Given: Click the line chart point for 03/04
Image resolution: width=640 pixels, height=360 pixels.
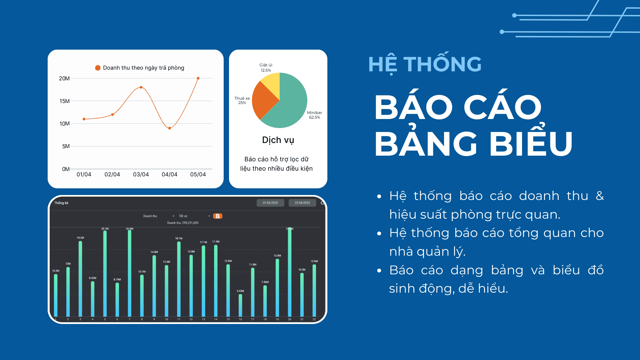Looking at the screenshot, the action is coord(141,87).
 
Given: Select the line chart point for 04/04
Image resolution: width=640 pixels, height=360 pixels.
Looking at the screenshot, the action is coord(170,128).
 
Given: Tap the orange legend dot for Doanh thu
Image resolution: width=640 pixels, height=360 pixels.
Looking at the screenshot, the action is coord(98,68).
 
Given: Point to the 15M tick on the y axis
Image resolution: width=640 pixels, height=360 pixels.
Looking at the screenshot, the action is coord(64,101).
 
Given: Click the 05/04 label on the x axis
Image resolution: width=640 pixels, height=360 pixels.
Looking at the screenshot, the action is coord(198,174).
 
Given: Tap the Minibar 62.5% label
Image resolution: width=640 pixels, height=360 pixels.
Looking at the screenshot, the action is coord(314,115).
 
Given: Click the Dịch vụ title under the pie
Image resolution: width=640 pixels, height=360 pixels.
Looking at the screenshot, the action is coord(278,140).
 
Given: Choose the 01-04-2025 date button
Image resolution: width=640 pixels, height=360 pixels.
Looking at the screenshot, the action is coord(270,203).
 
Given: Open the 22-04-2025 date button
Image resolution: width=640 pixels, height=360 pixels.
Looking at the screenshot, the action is coord(302,203).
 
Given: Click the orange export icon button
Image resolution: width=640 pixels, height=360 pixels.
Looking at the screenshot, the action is coord(218,216).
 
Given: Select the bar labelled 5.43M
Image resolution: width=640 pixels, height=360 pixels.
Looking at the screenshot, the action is coord(240,305).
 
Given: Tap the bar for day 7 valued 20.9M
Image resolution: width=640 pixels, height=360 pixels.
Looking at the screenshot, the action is coord(130,273).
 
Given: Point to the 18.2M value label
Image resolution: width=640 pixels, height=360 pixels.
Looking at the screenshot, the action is coord(80,238).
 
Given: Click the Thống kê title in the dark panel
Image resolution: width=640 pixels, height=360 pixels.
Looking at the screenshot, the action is coord(61,203).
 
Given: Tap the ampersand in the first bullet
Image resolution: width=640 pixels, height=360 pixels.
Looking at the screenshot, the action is coord(600,196).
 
